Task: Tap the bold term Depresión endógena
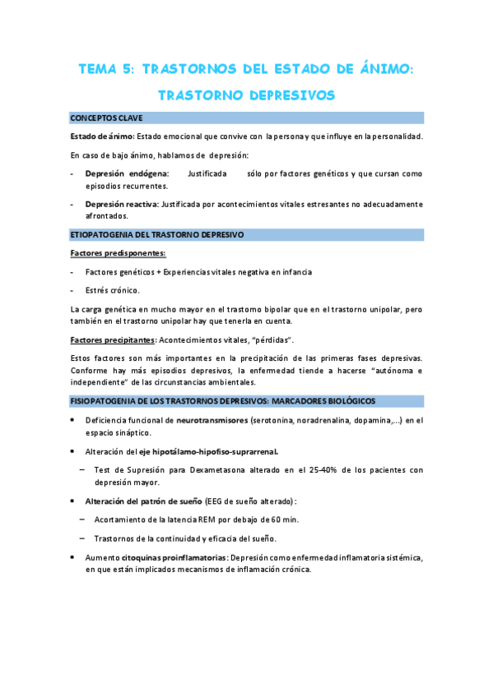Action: click(x=127, y=174)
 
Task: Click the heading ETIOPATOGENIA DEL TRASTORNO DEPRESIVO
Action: click(x=156, y=235)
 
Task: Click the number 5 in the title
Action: click(x=128, y=71)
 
